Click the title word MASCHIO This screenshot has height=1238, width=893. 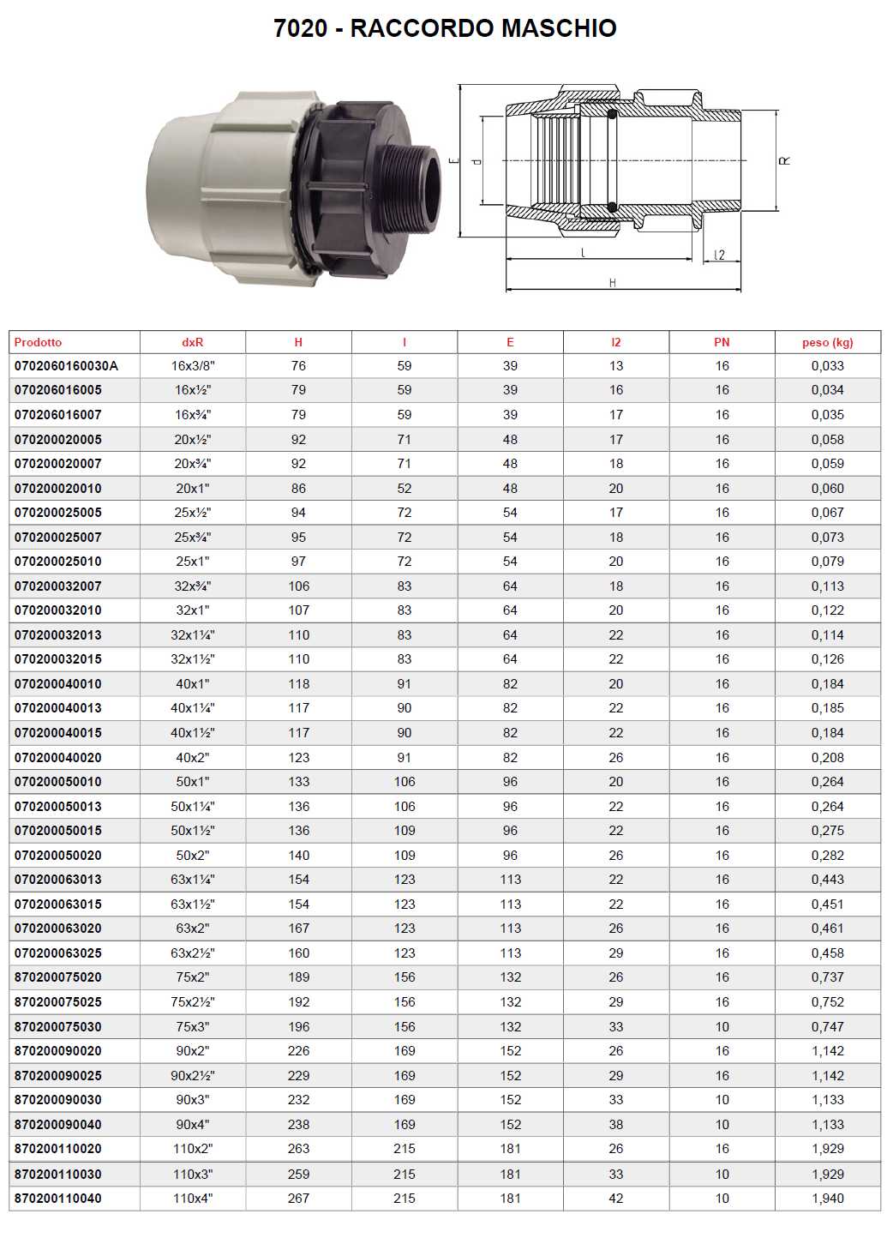click(559, 28)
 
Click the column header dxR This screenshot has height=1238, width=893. click(193, 342)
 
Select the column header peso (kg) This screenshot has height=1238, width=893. click(827, 342)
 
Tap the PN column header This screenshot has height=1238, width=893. click(722, 342)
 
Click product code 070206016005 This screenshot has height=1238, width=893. click(58, 390)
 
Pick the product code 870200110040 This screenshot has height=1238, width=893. click(58, 1199)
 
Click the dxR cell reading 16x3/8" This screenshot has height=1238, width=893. click(193, 366)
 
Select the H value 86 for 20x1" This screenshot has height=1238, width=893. click(298, 489)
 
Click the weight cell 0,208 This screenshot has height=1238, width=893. click(827, 758)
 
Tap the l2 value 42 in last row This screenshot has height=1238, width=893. click(615, 1199)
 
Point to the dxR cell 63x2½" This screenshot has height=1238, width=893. click(193, 953)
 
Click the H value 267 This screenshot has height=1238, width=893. click(298, 1199)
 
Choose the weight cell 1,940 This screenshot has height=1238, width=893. click(827, 1199)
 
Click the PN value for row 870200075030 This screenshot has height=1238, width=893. click(722, 1027)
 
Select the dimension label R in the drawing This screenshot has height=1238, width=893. click(785, 161)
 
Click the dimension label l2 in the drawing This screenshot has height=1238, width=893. click(719, 255)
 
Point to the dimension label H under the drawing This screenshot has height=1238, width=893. click(612, 283)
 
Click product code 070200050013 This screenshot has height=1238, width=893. click(58, 807)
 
